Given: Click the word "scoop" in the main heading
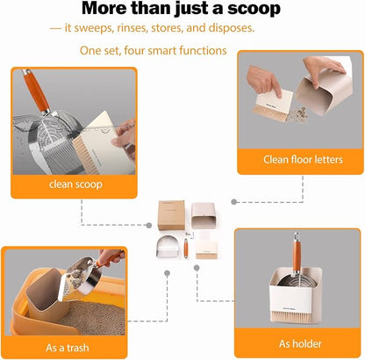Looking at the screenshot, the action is [254, 9].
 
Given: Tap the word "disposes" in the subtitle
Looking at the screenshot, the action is [232, 28].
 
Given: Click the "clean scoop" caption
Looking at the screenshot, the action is [75, 184].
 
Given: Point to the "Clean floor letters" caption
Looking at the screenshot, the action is [303, 160].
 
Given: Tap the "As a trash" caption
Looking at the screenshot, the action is [68, 348].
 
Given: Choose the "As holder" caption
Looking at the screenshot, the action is [300, 343].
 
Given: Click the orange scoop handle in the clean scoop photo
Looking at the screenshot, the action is [36, 90].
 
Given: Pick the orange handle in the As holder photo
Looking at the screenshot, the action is [297, 255].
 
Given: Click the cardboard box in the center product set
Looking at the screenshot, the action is [171, 215].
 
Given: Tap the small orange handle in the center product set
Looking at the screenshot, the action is [186, 248].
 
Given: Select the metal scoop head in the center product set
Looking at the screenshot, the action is [165, 247].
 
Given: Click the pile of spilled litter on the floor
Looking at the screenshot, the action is [298, 115].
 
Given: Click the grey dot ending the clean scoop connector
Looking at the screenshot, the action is [149, 225].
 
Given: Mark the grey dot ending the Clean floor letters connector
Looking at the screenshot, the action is [233, 202].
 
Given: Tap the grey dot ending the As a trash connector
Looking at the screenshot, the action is [167, 273].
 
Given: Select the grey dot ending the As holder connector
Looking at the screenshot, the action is [197, 268].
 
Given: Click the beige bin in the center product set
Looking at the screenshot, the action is [204, 216].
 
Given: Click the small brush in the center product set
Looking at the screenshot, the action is [206, 249].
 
